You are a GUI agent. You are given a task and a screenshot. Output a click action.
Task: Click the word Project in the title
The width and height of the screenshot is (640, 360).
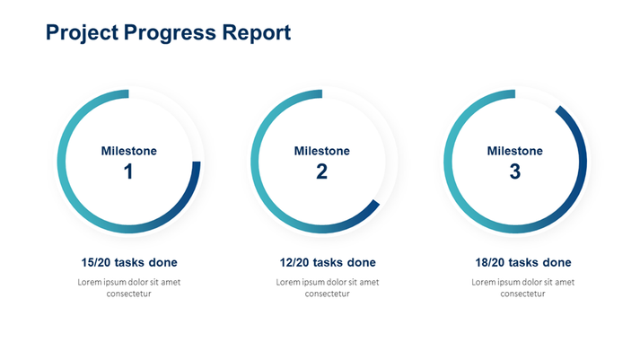point(81,33)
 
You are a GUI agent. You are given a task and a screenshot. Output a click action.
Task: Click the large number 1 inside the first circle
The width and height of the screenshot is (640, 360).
point(128,171)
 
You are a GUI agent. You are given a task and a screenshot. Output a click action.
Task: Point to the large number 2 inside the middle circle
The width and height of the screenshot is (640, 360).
point(321,171)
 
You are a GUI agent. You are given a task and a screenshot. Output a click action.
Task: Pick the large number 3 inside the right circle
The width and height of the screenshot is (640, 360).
point(514,171)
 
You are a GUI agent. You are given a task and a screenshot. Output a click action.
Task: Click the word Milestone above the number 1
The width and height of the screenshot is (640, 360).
point(128,151)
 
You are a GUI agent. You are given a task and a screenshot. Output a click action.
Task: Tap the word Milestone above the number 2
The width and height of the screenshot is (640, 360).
point(321,151)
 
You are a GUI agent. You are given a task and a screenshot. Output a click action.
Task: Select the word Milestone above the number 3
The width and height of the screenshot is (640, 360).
point(514,151)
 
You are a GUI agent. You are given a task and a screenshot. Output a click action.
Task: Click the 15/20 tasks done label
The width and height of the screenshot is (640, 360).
point(128,263)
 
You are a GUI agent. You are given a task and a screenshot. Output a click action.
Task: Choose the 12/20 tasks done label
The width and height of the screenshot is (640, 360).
point(328,263)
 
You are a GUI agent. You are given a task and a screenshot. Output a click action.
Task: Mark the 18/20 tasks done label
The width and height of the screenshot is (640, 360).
point(522,263)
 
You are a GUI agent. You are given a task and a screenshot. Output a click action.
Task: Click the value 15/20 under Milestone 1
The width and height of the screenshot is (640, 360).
point(97,263)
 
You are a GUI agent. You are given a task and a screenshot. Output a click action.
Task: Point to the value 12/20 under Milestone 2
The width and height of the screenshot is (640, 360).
point(295,263)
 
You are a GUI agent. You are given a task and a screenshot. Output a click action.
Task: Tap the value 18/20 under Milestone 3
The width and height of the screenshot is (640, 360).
point(491,263)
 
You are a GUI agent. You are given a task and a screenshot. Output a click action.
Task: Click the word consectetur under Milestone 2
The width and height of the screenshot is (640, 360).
point(328,294)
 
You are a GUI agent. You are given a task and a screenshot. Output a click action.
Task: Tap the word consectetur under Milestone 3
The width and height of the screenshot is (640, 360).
point(522,294)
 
